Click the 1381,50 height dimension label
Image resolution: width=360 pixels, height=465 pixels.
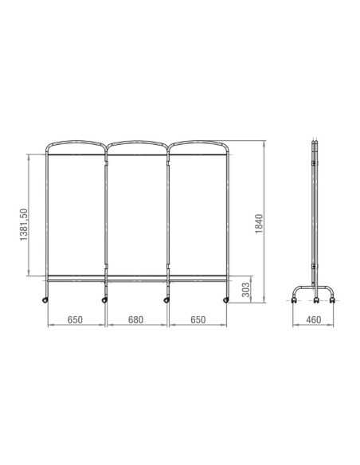pos(24,225)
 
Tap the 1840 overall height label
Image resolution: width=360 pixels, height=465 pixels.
pos(259,224)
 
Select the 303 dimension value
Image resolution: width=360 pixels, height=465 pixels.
pos(246,290)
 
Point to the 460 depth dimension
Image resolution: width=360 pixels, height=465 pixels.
pos(314,320)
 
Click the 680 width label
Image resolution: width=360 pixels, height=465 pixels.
pos(136,320)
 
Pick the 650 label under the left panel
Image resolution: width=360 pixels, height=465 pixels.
pos(75,320)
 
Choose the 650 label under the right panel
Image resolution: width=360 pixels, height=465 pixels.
pos(198,320)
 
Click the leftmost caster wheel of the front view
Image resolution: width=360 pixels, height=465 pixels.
pos(45,300)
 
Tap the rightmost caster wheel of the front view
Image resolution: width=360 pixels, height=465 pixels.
pos(226,300)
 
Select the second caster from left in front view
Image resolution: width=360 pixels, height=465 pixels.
pos(104,300)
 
